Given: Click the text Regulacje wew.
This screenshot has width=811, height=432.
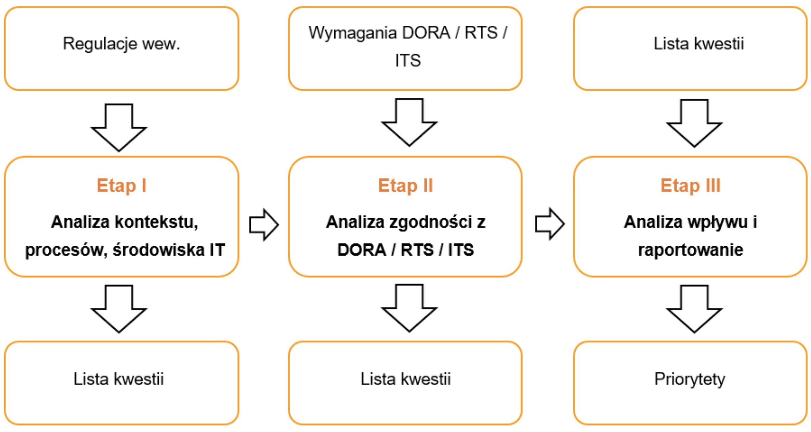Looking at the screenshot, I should pyautogui.click(x=121, y=43).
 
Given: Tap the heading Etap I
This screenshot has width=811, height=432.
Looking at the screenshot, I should pyautogui.click(x=121, y=185).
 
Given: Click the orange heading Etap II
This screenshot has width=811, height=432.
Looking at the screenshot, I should pyautogui.click(x=405, y=185).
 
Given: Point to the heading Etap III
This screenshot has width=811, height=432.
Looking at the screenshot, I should pyautogui.click(x=690, y=185).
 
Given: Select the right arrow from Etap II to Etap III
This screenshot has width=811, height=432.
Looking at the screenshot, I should pyautogui.click(x=549, y=224).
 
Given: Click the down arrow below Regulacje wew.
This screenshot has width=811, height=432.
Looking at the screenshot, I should pyautogui.click(x=119, y=128).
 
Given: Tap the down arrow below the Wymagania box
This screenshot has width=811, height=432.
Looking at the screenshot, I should pyautogui.click(x=409, y=122).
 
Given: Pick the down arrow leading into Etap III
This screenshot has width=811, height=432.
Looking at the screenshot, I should pyautogui.click(x=694, y=123).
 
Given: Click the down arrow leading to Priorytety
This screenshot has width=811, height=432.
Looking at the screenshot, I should pyautogui.click(x=694, y=309).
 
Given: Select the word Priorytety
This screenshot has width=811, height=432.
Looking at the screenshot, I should pyautogui.click(x=689, y=379).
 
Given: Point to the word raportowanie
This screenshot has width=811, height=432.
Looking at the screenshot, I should pyautogui.click(x=690, y=250).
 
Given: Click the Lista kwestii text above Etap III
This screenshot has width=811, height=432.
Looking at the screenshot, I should pyautogui.click(x=698, y=43).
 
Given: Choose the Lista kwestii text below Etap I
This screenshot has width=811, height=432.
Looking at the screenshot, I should pyautogui.click(x=118, y=379).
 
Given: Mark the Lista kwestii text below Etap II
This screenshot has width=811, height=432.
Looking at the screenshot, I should pyautogui.click(x=405, y=379).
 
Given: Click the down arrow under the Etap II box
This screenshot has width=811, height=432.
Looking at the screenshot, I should pyautogui.click(x=409, y=308).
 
